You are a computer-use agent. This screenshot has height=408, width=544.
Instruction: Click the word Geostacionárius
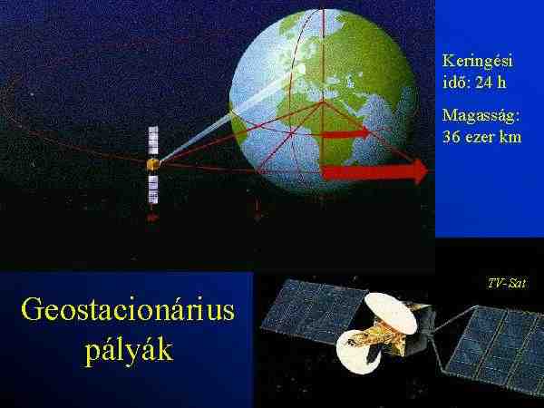click(x=128, y=310)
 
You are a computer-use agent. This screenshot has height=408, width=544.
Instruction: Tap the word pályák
click(x=129, y=351)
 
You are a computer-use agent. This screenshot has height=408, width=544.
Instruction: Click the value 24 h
click(x=491, y=83)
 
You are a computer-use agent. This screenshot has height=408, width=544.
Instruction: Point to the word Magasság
click(x=481, y=116)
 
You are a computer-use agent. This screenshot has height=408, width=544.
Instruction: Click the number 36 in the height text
click(x=451, y=137)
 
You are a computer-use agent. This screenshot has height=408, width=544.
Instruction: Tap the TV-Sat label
click(x=507, y=283)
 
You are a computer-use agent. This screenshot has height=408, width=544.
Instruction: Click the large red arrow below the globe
click(x=374, y=171)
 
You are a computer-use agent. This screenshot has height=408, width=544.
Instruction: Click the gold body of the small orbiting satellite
click(x=152, y=164)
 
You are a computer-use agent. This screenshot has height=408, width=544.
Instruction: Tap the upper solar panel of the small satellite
click(x=153, y=141)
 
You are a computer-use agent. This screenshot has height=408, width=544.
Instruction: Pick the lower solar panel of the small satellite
click(x=153, y=189)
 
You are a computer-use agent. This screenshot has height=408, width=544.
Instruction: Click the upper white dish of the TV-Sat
click(x=390, y=313)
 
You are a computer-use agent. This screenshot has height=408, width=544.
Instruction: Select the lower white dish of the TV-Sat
click(x=357, y=352)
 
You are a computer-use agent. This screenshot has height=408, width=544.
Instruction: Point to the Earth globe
click(x=323, y=101)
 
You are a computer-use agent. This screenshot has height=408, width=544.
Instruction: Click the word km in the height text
click(x=510, y=137)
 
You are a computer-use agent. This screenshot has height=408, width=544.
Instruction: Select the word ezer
click(x=479, y=138)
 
